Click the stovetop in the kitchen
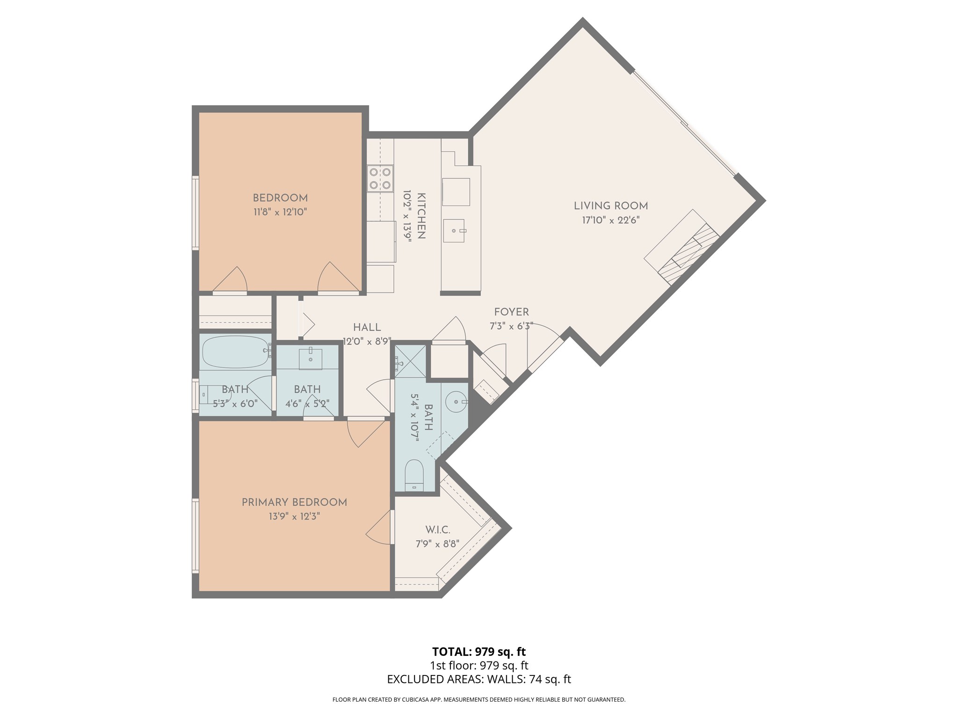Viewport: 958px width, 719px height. (x=379, y=178)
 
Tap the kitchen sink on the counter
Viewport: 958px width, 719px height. (x=454, y=231)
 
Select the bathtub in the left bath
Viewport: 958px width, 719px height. (x=235, y=352)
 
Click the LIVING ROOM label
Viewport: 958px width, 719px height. (x=611, y=205)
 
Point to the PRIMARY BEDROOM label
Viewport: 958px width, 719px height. (x=294, y=502)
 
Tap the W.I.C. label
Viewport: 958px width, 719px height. (x=438, y=530)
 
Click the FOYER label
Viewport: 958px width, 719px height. (x=512, y=312)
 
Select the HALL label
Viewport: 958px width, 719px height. (x=367, y=327)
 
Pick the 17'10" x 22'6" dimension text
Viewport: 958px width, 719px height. (x=611, y=220)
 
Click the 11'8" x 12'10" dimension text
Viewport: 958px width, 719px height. (x=280, y=212)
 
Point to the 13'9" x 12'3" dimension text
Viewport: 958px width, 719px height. (x=294, y=517)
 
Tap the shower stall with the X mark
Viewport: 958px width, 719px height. (x=410, y=361)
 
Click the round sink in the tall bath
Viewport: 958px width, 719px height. (x=456, y=402)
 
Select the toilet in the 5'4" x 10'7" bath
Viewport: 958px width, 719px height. (x=414, y=475)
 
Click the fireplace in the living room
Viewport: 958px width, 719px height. (x=682, y=247)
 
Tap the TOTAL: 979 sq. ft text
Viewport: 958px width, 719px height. (x=479, y=652)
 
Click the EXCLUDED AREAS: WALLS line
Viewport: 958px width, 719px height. (x=479, y=679)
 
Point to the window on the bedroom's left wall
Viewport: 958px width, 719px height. (x=196, y=213)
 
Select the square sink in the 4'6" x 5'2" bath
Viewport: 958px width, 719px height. (x=311, y=359)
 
